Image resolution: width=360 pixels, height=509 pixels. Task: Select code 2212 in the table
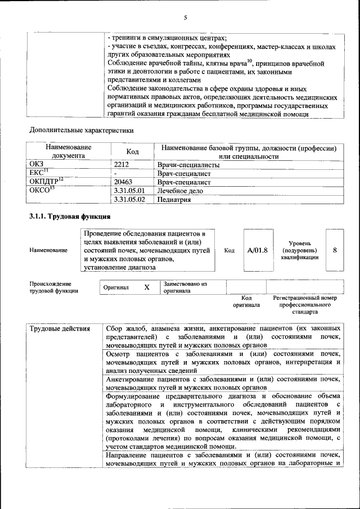(121, 165)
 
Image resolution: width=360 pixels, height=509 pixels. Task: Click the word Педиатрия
(173, 199)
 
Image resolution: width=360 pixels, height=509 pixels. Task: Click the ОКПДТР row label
(46, 182)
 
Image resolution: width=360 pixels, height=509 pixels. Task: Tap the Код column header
(133, 152)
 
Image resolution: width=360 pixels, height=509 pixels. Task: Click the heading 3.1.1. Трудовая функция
(70, 216)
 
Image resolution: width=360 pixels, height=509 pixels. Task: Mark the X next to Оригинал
(147, 287)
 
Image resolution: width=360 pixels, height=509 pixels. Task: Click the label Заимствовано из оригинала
(186, 288)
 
